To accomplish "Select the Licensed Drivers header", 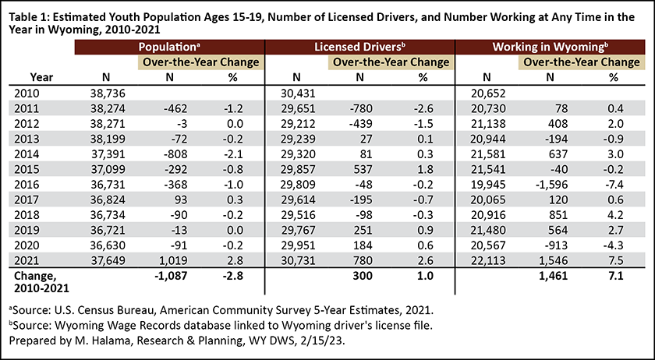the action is tap(359, 47).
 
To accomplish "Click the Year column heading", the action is tap(41, 77).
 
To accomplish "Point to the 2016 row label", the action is tap(27, 185).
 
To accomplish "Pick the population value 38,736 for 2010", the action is tap(108, 94).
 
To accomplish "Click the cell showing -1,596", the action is tap(551, 185).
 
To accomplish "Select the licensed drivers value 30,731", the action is tap(298, 260).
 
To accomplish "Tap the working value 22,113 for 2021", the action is tap(488, 260).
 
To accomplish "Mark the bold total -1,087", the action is tap(171, 276).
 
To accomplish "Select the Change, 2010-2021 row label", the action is tap(41, 282).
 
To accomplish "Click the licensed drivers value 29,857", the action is tap(298, 169).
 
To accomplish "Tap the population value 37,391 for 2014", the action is tap(108, 154).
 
